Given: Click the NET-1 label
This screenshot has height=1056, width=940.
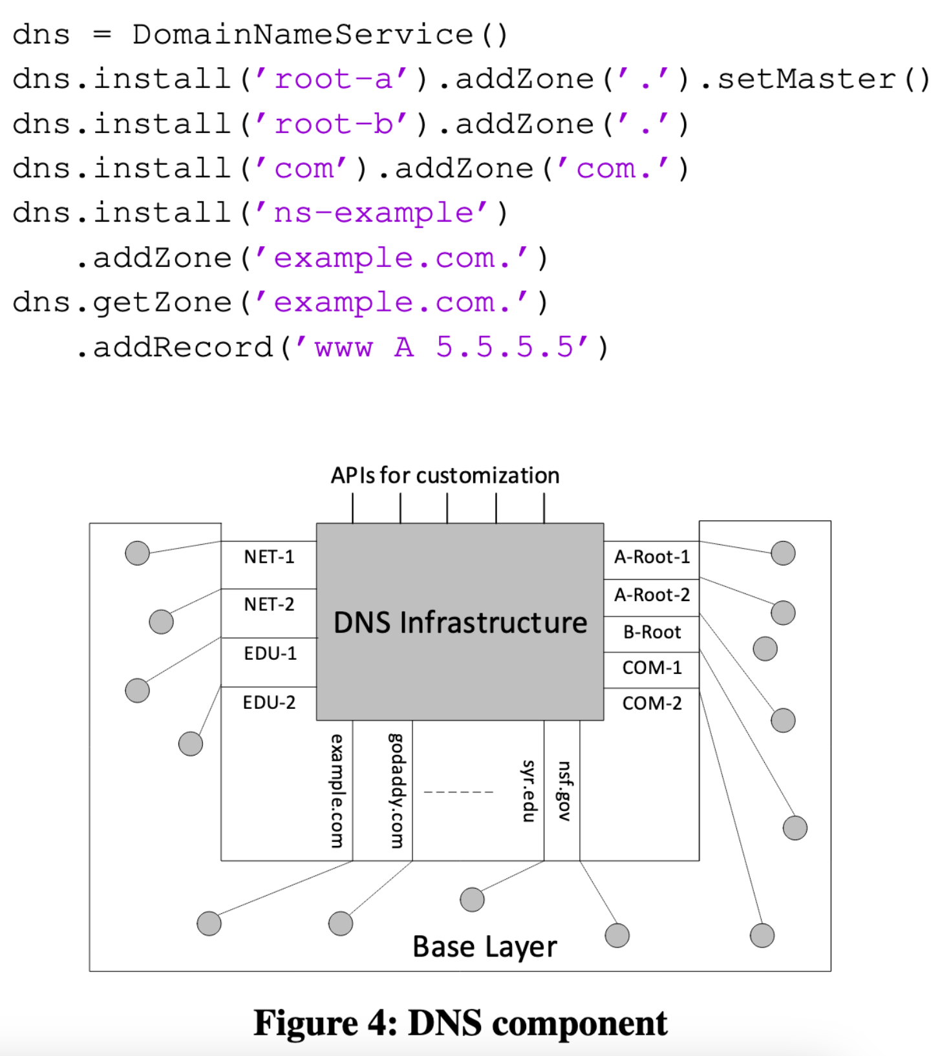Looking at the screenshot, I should pos(269,556).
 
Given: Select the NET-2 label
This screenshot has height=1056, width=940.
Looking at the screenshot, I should pos(269,604).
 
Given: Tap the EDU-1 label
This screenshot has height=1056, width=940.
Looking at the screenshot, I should pos(270,653).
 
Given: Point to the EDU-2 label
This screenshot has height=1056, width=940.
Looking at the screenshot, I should pos(269,702).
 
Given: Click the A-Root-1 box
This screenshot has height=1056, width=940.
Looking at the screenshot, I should pos(652,557).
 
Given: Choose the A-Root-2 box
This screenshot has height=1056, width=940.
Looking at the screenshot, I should pos(652,595).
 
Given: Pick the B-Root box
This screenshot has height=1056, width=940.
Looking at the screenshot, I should pos(652,632).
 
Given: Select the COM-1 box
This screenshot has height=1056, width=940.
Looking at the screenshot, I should pos(652,668).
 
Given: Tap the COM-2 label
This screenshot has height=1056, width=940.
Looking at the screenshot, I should pos(652,703).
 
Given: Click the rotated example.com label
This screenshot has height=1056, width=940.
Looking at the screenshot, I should pos(337,790).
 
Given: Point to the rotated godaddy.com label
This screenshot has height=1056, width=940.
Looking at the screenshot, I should pos(396,790).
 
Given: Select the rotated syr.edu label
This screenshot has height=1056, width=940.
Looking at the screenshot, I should pos(529,791).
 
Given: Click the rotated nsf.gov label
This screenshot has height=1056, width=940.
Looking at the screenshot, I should pos(564,791).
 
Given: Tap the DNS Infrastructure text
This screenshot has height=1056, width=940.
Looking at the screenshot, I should pos(460,622).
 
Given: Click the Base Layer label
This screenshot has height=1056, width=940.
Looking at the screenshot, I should pos(485,947).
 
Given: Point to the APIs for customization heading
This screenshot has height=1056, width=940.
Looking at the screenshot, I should pos(445,476).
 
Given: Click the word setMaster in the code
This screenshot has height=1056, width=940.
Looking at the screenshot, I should pos(807,79).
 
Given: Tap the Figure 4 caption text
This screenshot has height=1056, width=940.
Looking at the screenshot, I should pos(460,1023).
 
